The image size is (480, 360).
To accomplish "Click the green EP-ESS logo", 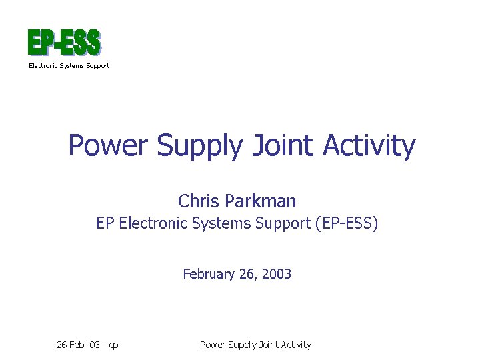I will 64,43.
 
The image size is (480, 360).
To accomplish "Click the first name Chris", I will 198,201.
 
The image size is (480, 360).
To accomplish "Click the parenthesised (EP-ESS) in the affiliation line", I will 345,224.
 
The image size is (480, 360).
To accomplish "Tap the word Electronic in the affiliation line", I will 153,224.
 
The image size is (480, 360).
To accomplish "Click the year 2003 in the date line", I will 277,274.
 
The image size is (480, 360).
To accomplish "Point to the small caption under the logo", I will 68,66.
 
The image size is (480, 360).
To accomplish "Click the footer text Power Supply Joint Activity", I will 255,345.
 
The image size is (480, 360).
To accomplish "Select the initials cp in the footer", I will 114,345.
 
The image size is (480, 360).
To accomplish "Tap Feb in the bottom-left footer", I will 77,345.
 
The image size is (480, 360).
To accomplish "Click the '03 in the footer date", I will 94,345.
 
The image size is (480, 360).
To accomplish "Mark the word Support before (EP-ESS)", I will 280,224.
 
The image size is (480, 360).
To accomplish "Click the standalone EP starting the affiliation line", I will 105,224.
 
